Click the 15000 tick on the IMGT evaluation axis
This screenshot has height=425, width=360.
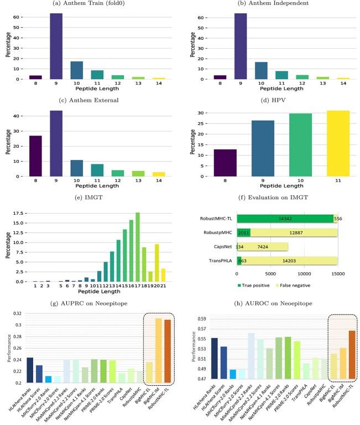(337, 274)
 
